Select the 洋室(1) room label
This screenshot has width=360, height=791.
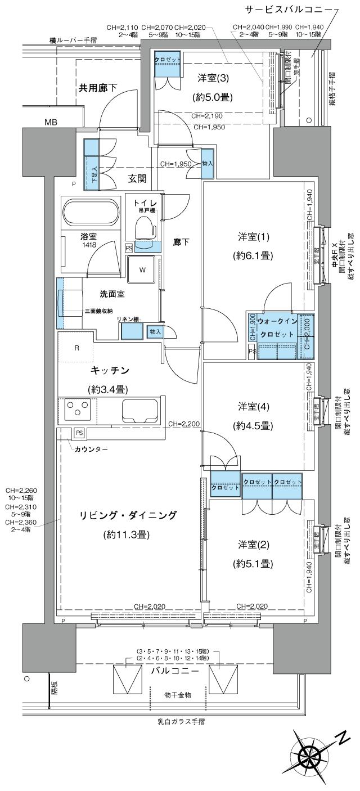254,239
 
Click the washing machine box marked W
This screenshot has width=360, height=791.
142,270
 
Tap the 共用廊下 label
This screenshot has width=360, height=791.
97,88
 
